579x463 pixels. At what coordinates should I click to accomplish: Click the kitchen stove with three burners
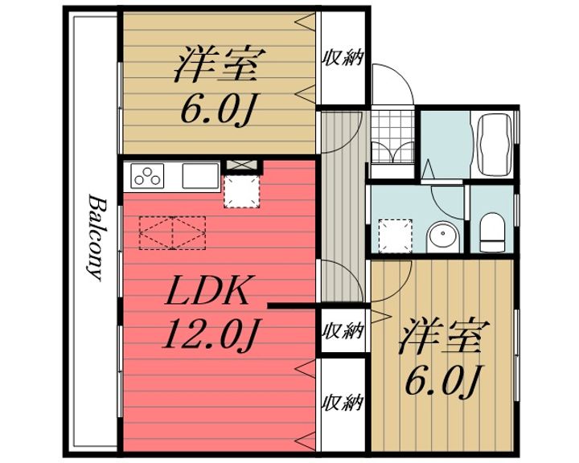147,176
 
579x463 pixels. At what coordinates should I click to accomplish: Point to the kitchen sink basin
200,176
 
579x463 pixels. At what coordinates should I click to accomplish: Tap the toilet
492,231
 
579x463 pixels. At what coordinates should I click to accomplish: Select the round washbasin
442,237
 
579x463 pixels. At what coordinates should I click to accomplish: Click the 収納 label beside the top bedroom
344,58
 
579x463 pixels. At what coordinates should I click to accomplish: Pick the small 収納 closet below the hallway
344,330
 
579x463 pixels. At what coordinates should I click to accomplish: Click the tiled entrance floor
393,137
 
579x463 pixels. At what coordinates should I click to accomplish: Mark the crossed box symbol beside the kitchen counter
241,165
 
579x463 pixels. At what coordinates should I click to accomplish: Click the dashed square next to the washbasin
395,236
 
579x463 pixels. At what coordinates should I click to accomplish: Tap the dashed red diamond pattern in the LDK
172,233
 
